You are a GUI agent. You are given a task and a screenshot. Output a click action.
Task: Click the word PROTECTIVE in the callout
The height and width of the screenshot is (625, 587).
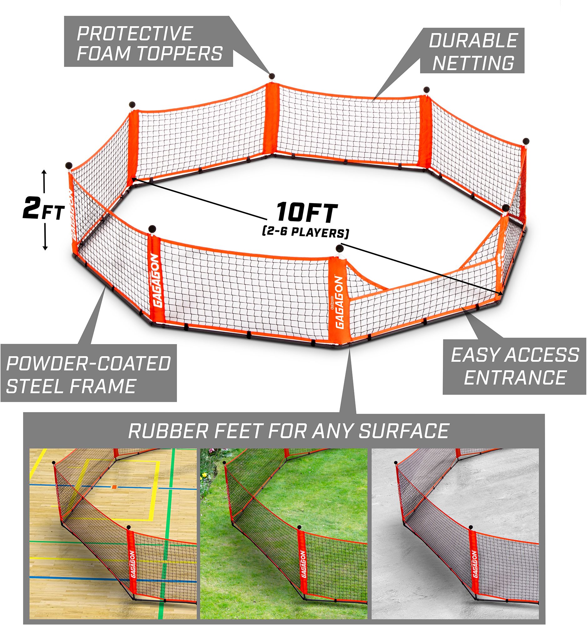point(135,34)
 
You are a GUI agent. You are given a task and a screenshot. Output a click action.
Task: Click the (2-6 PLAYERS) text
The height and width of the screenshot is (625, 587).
point(305,233)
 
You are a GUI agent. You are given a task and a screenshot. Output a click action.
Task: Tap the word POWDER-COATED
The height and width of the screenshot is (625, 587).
point(88,364)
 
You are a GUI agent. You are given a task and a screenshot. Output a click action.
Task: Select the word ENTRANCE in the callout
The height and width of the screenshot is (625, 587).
point(515,377)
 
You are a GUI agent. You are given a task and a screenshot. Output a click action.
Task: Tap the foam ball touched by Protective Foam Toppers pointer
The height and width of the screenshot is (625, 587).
point(272,76)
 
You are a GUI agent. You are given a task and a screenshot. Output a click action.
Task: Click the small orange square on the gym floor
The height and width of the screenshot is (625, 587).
point(114,487)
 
